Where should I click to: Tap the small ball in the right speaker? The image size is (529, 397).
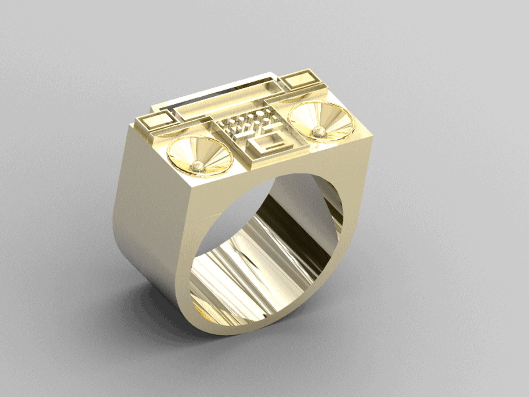coord(318,132)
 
